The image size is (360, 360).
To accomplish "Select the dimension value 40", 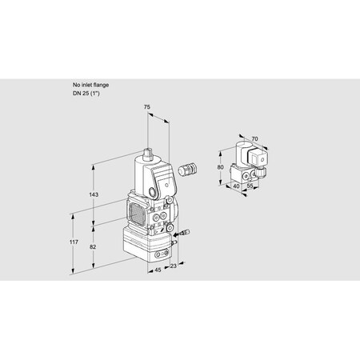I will (x=236, y=186).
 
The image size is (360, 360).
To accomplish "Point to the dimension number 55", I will (x=250, y=186).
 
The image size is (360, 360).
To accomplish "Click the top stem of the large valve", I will (x=150, y=151).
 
